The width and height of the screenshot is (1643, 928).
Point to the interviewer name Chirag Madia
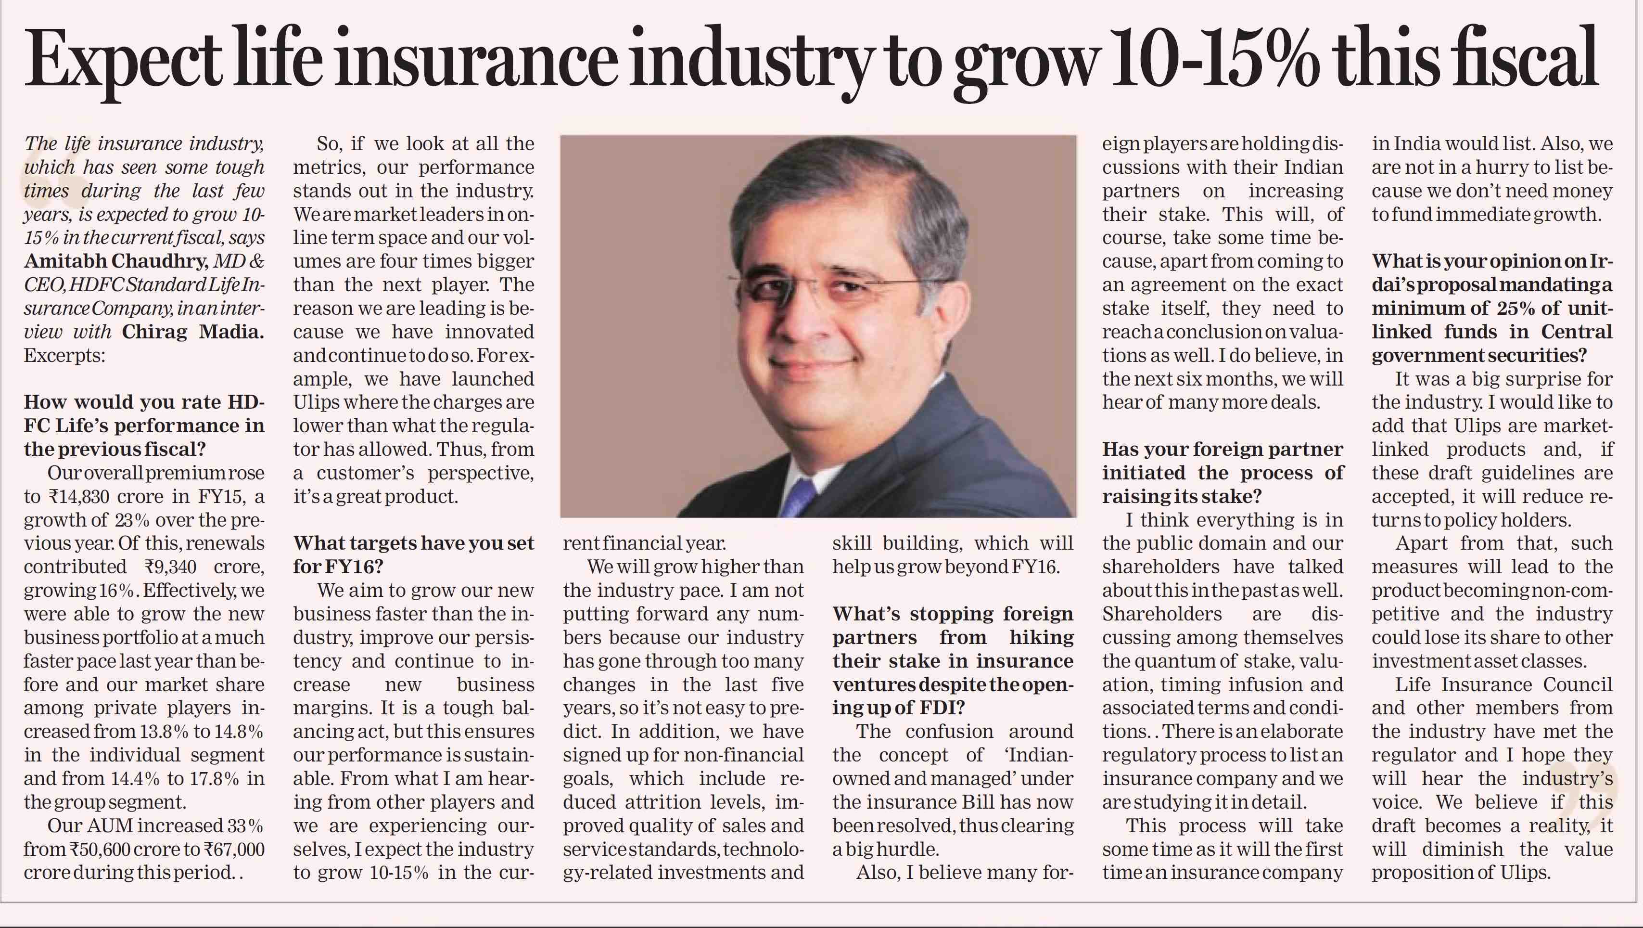point(192,333)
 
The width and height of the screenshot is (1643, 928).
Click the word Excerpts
point(64,356)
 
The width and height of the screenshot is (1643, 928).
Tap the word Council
point(1578,685)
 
